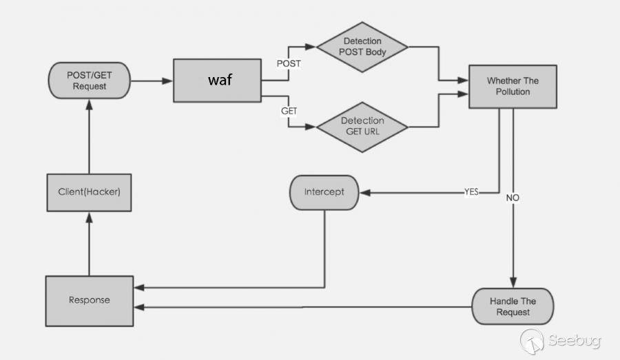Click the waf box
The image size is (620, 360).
coord(217,81)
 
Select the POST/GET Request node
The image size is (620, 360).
coord(89,81)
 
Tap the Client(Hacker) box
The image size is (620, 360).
coord(89,191)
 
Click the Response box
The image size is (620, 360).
coord(89,300)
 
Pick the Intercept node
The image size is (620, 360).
coord(324,191)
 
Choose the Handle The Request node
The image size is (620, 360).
coord(513,306)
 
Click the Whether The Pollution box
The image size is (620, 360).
coord(513,86)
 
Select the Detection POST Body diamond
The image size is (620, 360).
coord(362,47)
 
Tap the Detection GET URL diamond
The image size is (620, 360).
coord(362,126)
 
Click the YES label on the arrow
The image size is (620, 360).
coord(471,192)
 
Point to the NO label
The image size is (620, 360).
coord(513,198)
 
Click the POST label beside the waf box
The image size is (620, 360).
coord(288,63)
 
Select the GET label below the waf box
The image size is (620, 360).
coord(289,110)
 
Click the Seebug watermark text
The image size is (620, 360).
coord(575,340)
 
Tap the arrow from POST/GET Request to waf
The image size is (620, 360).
coord(151,81)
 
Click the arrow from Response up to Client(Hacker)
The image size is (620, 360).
coord(89,244)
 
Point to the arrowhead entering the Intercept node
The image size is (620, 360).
coord(365,193)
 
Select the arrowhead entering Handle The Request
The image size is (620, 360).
coord(513,283)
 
